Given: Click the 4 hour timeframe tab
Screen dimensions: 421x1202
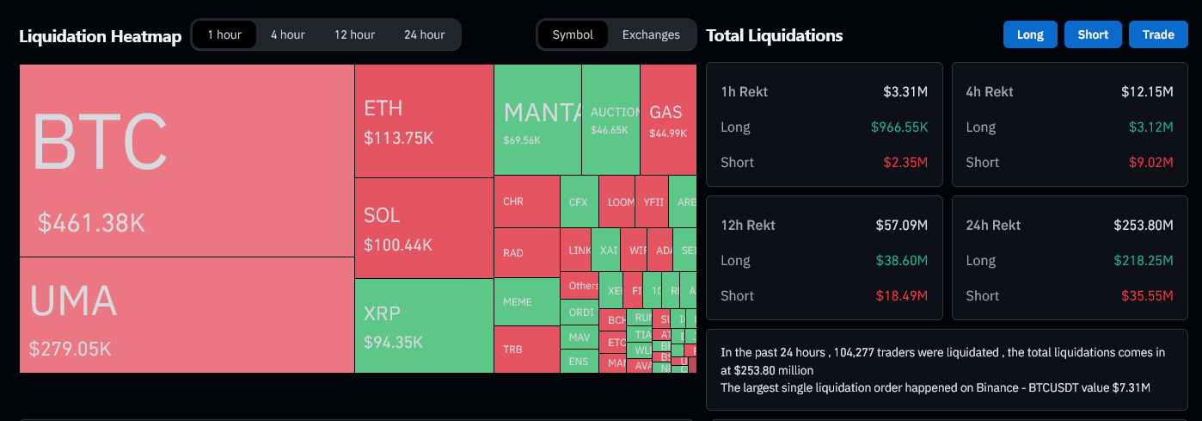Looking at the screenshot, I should (287, 34).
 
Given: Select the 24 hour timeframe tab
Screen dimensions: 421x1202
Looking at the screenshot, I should (424, 34).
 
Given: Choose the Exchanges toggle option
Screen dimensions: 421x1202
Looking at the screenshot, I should (651, 34).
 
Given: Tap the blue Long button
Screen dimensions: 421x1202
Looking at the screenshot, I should (1030, 34).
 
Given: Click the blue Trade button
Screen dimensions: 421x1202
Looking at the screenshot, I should (1158, 34).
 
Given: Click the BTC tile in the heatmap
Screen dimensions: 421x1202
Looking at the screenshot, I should (187, 160).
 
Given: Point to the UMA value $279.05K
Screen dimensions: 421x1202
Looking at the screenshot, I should (71, 349).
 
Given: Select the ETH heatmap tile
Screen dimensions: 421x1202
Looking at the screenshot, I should (424, 121).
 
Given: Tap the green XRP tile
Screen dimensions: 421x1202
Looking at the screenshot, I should (424, 325).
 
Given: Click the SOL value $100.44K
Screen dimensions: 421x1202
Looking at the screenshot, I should (398, 245).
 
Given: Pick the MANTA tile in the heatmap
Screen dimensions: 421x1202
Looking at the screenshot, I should (537, 119).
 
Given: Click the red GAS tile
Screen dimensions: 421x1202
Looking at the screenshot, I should (667, 119).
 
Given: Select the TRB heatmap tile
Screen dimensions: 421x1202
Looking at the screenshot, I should (526, 349).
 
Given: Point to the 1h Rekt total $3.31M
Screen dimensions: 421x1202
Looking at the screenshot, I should (905, 91).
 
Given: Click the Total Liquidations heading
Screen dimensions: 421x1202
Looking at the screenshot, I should (774, 35).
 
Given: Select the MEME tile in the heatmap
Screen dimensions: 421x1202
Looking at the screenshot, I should (526, 302).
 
